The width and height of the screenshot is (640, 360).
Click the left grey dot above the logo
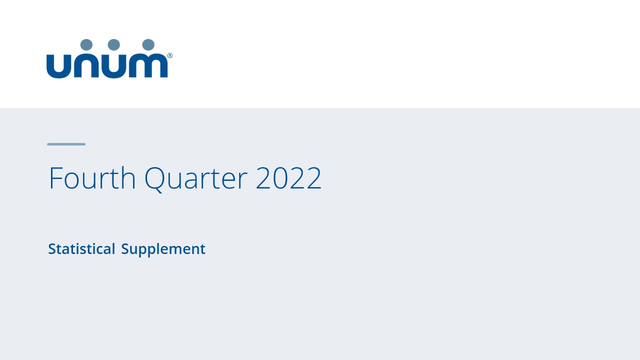tap(86, 45)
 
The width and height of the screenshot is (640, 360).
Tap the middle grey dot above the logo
tap(114, 45)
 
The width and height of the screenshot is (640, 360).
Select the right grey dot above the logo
tap(148, 45)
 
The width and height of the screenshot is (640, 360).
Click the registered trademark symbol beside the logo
tap(170, 56)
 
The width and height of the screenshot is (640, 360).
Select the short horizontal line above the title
tap(66, 144)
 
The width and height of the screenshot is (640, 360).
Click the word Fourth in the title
tap(92, 178)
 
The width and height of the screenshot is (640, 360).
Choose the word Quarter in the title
tap(195, 178)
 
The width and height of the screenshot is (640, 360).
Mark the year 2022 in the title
tap(288, 178)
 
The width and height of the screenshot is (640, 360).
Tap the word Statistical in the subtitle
tap(81, 249)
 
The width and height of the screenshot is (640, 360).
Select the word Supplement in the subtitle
tap(163, 249)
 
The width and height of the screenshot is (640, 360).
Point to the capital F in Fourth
tap(54, 178)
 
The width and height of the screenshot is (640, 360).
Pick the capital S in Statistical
tap(51, 249)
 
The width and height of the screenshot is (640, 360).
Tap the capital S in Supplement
tap(125, 249)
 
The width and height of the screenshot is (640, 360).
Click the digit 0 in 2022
tap(280, 178)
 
